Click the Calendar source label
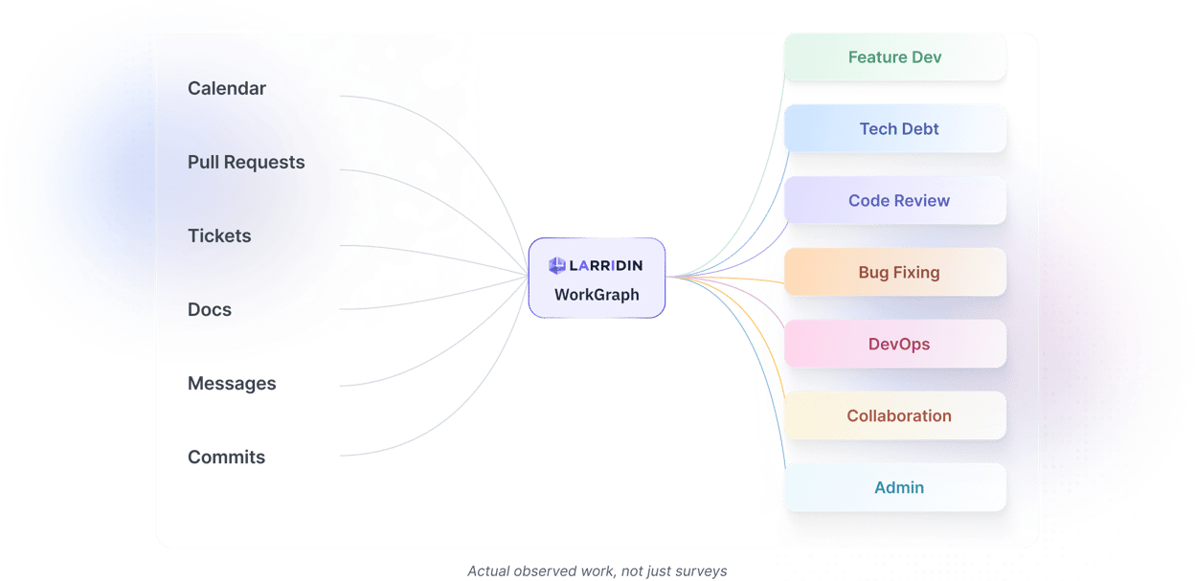227,89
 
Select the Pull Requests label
246,163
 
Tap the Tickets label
219,236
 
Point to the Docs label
210,310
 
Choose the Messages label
232,384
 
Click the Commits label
227,458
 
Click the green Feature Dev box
894,57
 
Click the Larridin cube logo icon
557,265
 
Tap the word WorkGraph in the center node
597,295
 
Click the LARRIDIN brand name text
607,265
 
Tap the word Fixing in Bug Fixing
917,273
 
